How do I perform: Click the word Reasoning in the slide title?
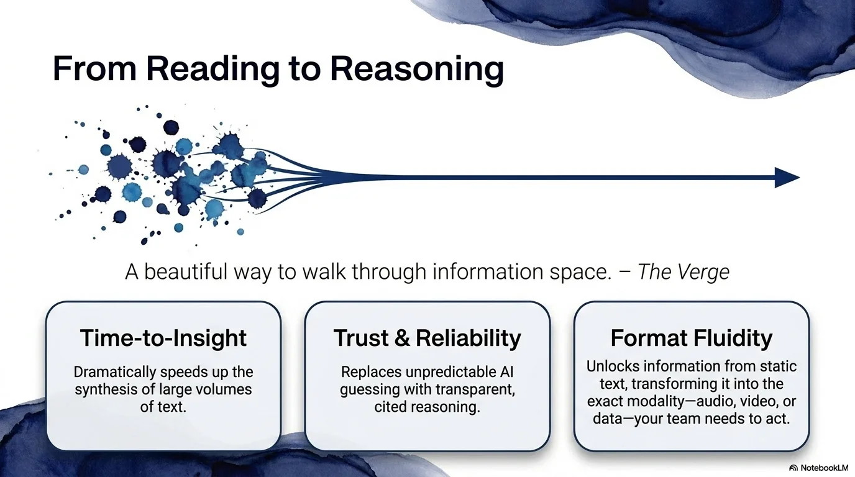417,70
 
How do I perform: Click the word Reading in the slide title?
213,70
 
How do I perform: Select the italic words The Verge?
684,272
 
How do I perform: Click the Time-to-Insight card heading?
163,338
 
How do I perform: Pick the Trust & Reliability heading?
427,338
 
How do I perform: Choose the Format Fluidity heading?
691,338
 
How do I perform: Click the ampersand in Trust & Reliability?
402,338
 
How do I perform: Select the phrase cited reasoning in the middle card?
427,407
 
